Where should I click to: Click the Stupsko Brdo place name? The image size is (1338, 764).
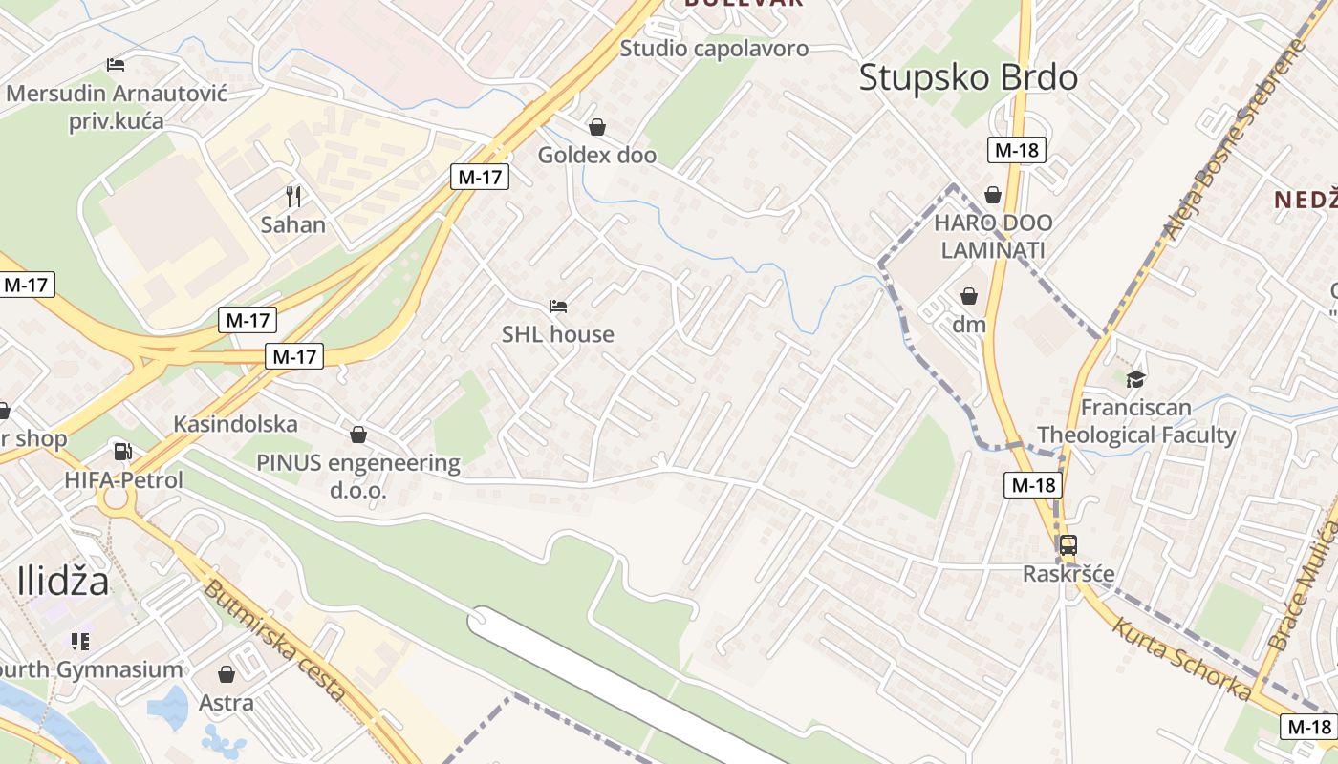968,77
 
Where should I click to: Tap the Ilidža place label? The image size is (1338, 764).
63,580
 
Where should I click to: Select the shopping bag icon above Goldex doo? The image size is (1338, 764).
597,127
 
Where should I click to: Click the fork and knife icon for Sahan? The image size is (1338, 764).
293,197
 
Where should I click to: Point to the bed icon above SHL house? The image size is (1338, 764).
558,307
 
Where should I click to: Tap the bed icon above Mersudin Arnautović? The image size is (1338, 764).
116,65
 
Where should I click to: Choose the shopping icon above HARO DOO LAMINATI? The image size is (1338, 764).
993,195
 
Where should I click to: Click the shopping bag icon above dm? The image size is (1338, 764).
969,296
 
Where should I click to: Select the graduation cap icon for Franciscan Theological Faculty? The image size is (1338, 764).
1135,379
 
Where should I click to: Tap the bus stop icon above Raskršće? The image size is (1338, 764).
1068,545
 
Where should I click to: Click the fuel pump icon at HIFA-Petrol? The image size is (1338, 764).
122,451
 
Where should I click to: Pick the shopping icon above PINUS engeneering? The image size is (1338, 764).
358,435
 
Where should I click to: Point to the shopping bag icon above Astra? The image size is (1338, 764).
227,675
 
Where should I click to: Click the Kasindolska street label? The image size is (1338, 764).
235,424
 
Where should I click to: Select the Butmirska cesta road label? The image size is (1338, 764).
273,641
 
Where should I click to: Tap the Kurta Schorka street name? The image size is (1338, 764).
1181,657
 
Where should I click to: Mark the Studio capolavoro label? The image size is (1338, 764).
714,49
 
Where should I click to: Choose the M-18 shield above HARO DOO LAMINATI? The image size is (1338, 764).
1017,150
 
